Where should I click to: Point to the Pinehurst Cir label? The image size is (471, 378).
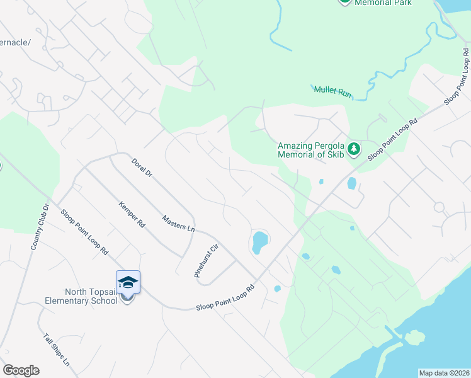click(x=205, y=260)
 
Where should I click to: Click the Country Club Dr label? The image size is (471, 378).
click(x=39, y=227)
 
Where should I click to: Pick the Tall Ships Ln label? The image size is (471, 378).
click(x=57, y=352)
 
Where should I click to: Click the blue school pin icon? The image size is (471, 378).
click(x=127, y=283)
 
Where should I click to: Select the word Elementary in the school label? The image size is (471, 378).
click(x=91, y=301)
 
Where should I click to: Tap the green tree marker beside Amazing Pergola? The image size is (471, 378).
click(x=355, y=149)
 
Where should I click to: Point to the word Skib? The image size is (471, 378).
click(x=334, y=156)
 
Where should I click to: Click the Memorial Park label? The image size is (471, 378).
click(x=383, y=3)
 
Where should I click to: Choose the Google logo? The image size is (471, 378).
click(x=21, y=370)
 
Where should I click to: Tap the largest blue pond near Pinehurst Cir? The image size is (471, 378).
click(x=259, y=241)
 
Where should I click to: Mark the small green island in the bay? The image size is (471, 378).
click(x=414, y=338)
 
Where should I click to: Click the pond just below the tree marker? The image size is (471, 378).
click(x=351, y=184)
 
